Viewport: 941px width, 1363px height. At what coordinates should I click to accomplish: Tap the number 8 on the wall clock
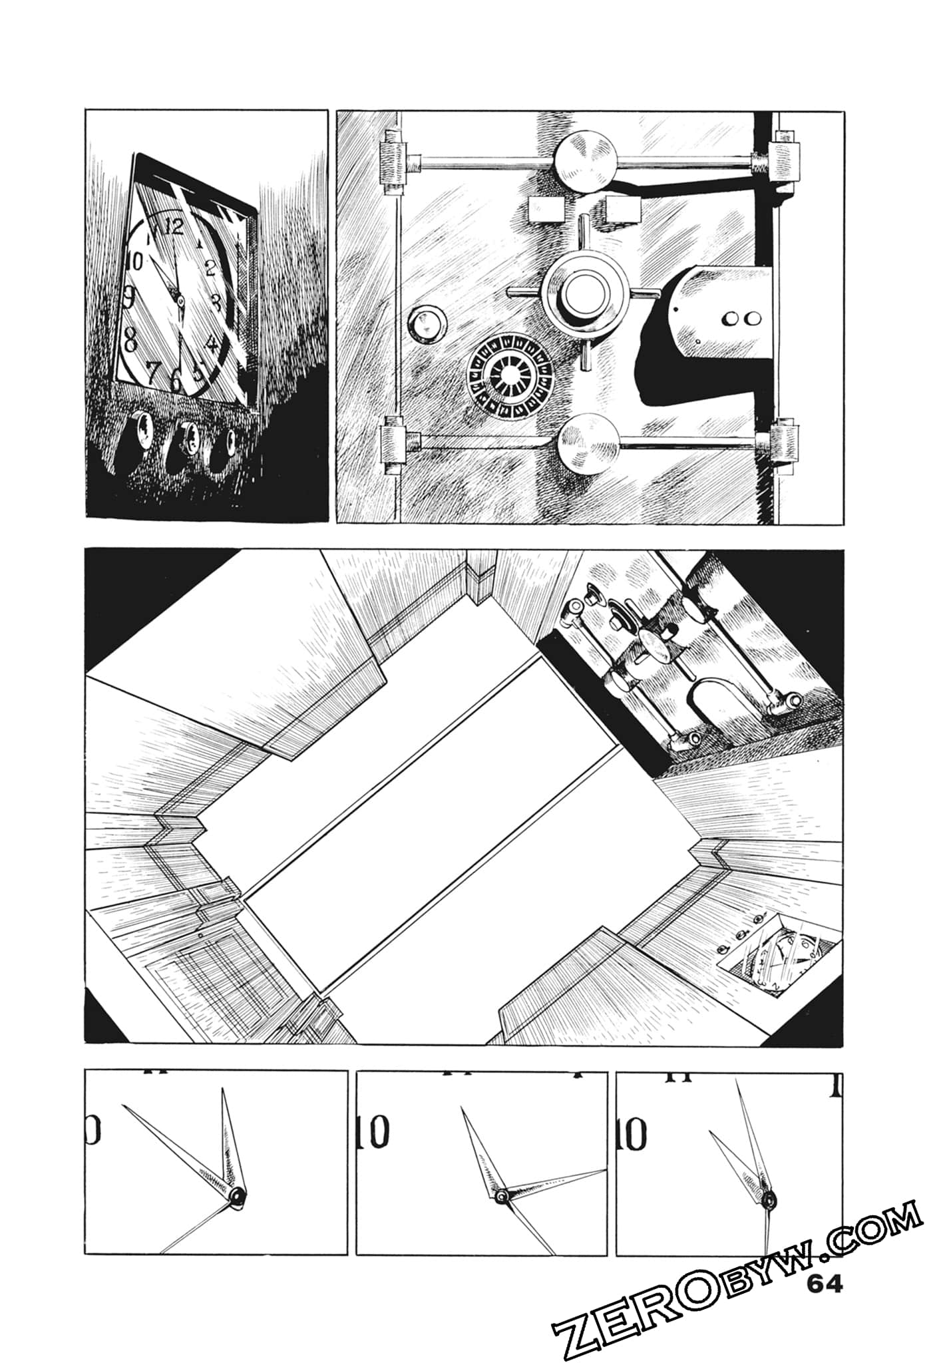tap(131, 341)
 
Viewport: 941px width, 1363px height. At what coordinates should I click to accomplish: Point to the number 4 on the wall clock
tap(212, 344)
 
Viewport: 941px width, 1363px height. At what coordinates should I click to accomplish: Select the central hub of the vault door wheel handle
tap(584, 292)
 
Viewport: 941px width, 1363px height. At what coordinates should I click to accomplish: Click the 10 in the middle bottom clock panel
tap(373, 1133)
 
